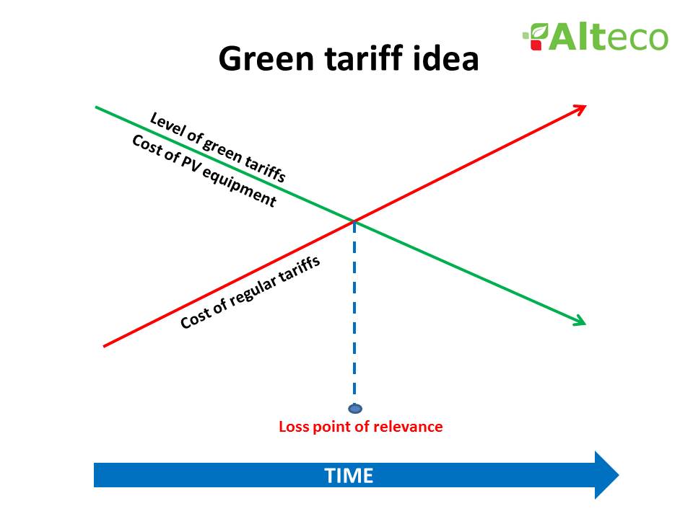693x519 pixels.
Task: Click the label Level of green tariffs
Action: (217, 147)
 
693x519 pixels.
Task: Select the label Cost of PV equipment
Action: (204, 172)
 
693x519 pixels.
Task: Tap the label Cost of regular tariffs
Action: (250, 293)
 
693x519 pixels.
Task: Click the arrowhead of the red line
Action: (579, 108)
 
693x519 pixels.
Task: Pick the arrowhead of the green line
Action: (579, 321)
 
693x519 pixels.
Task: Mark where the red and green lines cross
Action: (354, 221)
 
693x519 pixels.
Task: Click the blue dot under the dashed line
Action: (354, 409)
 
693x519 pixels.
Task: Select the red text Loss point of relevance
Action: (360, 427)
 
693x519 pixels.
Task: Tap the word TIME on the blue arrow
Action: (349, 476)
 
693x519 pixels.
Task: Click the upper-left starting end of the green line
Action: (97, 107)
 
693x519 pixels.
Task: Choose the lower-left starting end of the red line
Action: (106, 346)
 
